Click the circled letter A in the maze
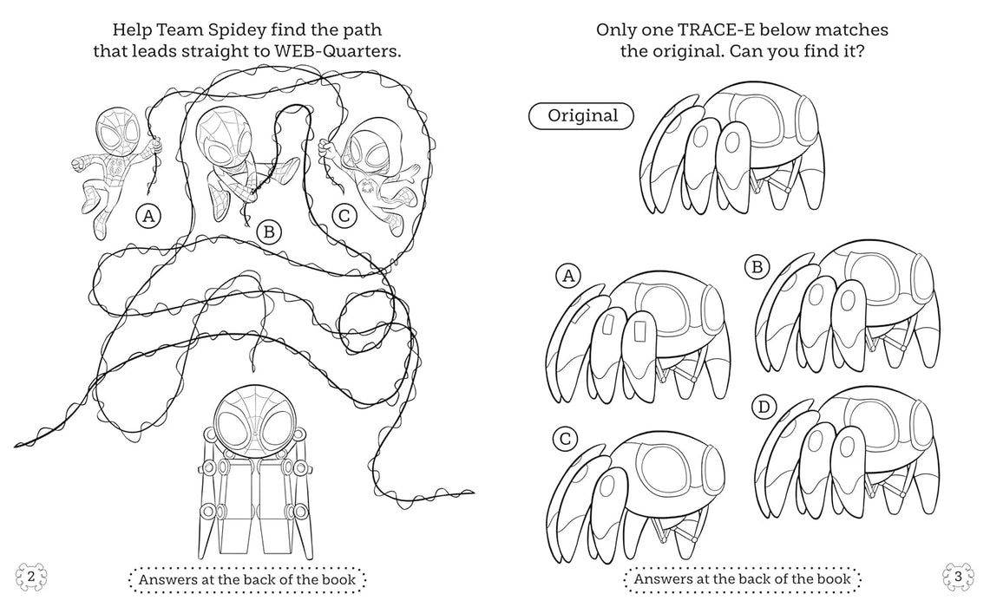click(148, 217)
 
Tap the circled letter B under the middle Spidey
click(269, 231)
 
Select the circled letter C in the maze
click(344, 217)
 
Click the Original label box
click(581, 115)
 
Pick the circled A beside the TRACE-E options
click(568, 277)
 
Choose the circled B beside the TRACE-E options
click(757, 268)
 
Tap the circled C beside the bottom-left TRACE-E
click(565, 439)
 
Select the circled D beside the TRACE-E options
click(764, 406)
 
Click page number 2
click(31, 577)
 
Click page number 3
click(957, 577)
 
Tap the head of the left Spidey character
click(113, 130)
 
